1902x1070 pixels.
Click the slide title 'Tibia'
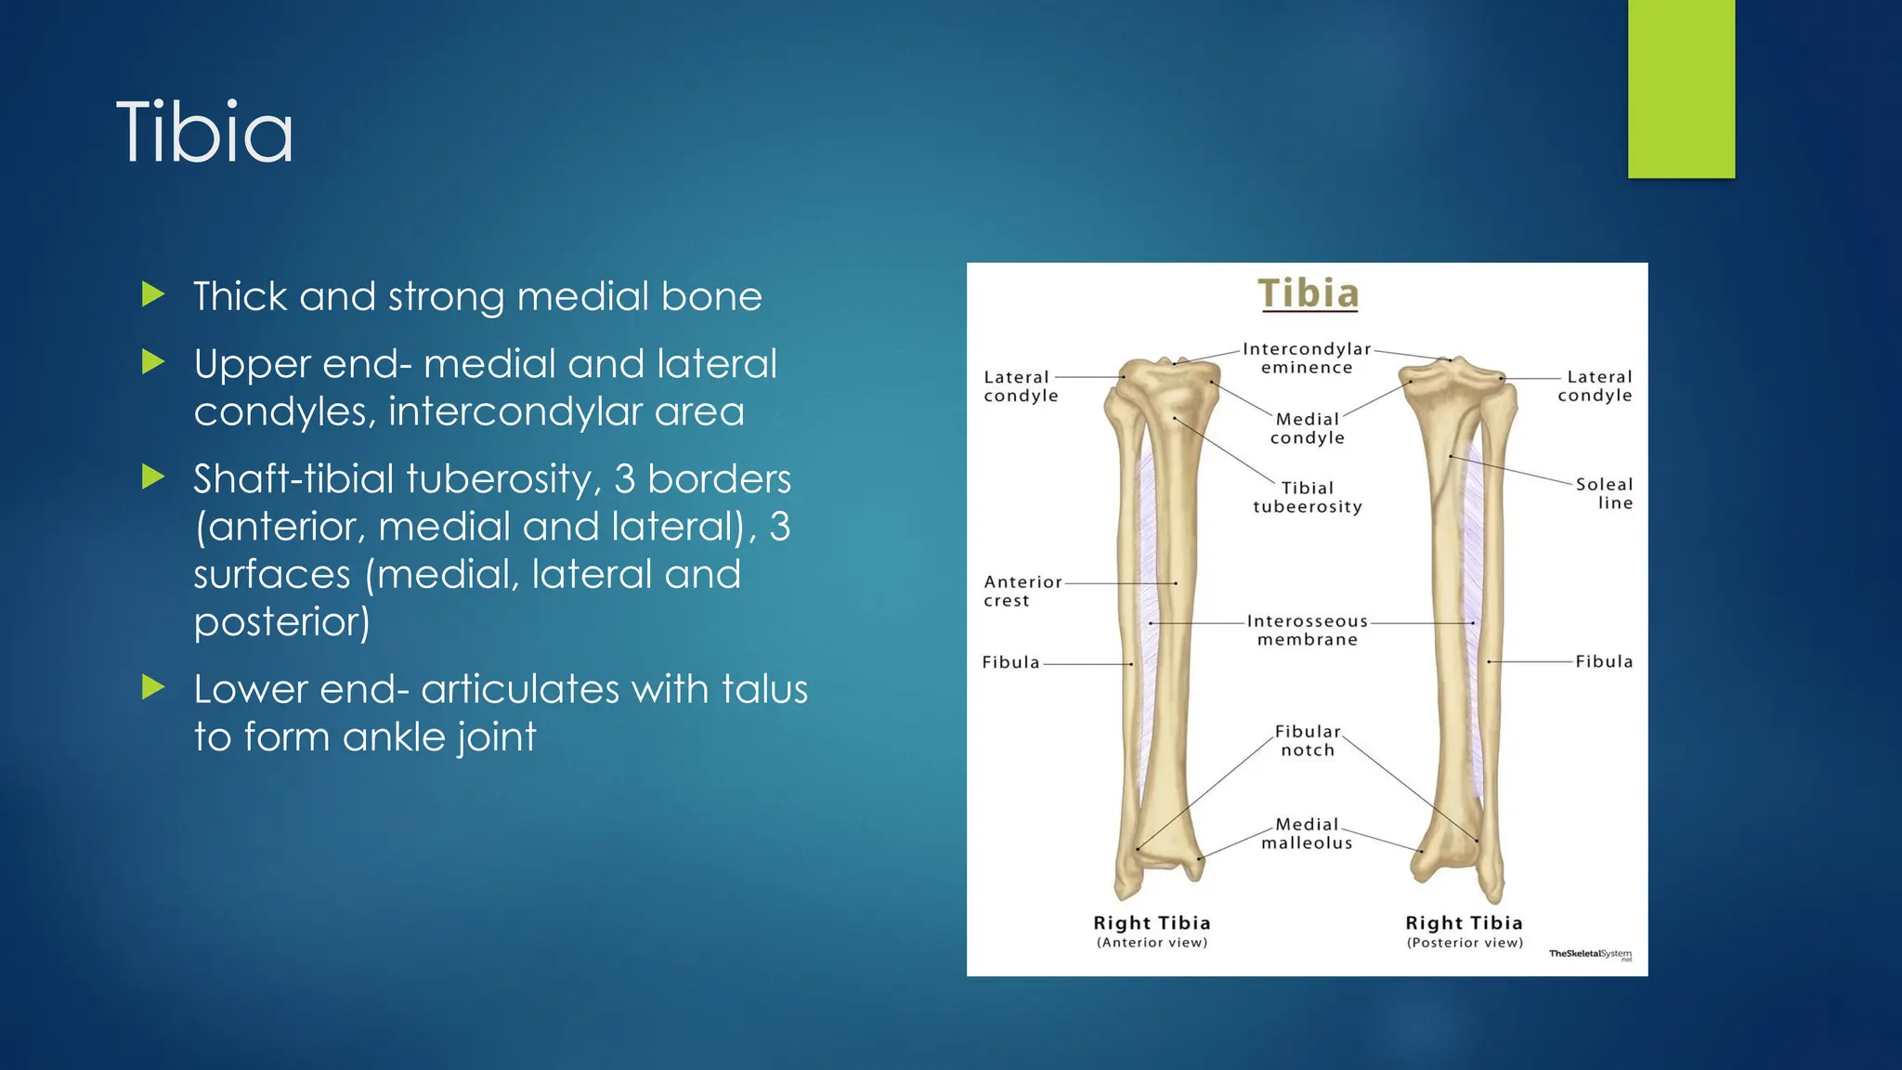205,133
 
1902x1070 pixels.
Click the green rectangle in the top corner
1681,88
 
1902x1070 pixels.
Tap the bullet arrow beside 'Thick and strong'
153,295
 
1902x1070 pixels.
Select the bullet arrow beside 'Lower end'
153,688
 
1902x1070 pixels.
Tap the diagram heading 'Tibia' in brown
1308,294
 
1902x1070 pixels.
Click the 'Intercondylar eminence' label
1307,359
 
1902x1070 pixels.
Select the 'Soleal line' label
1604,493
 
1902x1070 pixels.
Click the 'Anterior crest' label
1022,591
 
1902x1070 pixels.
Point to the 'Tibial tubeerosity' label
1308,497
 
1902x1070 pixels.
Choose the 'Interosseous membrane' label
1307,630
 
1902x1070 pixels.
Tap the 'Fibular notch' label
1308,740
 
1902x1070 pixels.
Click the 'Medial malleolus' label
1307,833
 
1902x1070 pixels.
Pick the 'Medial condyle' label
1307,428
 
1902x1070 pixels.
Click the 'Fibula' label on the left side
1010,662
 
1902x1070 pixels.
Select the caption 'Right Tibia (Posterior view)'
1465,931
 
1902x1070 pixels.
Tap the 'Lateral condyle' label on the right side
1596,385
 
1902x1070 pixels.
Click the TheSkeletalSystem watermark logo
1590,954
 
